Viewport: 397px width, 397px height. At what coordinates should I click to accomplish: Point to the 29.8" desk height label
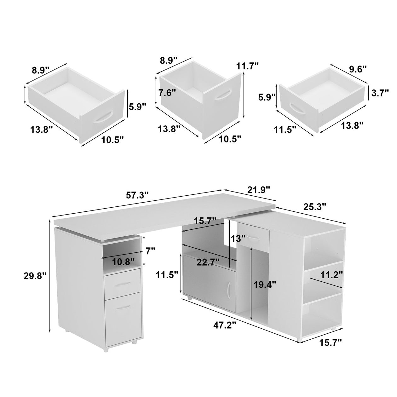(x=34, y=276)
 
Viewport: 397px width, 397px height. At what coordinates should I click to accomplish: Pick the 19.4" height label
(x=265, y=285)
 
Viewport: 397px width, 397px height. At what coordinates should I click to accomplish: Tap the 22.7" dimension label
(x=208, y=262)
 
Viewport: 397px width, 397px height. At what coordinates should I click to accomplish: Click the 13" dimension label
(x=238, y=239)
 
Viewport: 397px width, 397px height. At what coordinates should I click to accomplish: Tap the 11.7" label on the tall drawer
(x=247, y=66)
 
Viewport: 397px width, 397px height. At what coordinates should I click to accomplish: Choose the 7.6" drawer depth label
(x=167, y=93)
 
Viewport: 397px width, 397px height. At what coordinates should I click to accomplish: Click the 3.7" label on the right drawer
(x=380, y=93)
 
